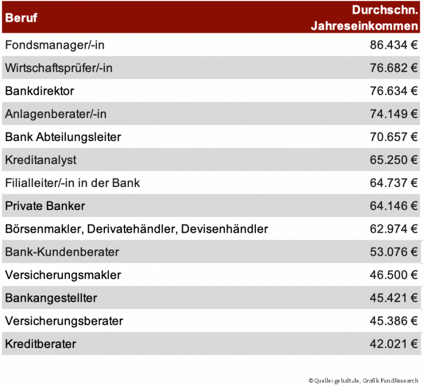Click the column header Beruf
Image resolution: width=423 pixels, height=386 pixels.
[21, 18]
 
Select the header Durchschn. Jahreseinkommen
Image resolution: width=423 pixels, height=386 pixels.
[364, 18]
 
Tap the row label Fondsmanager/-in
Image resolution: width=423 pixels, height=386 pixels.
[55, 45]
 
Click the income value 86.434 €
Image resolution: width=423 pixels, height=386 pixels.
[393, 45]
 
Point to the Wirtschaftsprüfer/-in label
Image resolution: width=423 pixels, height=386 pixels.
[59, 68]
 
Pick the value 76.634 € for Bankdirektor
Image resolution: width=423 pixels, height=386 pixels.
[393, 91]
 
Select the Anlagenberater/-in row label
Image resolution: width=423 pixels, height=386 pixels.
[56, 114]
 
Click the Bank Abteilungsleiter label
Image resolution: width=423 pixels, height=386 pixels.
[63, 137]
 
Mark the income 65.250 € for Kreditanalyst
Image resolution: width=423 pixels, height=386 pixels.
[393, 160]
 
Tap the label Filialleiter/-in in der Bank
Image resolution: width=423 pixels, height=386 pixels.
[72, 183]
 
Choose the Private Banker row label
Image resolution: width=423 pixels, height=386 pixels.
[45, 206]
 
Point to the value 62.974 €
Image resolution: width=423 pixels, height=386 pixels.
[393, 229]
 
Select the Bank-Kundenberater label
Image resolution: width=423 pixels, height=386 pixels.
[62, 252]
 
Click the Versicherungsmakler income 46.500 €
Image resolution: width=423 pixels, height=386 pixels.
[393, 275]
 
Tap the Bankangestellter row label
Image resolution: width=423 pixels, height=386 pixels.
[51, 298]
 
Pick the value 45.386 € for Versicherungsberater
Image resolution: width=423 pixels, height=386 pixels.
[393, 321]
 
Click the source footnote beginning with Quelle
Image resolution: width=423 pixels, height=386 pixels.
[363, 380]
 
